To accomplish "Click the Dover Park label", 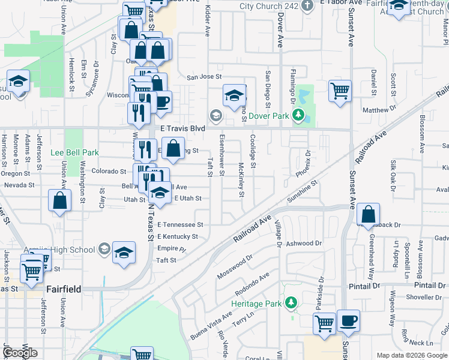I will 265,115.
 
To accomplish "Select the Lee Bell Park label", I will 74,153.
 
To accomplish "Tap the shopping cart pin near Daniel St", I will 340,92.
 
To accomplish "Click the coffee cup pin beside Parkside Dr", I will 348,321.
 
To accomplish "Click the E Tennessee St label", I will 181,224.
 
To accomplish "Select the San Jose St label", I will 204,77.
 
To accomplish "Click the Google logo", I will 20,353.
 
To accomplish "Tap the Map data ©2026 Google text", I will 411,355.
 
